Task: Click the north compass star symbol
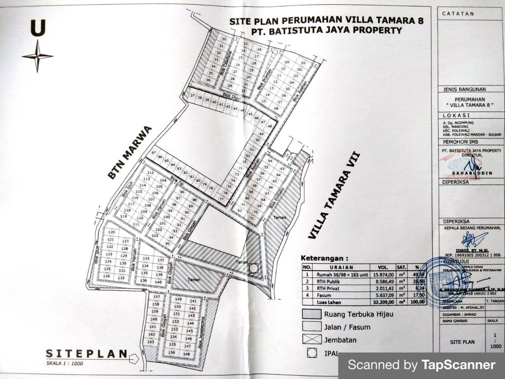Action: tap(37, 56)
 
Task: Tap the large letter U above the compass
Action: tap(38, 28)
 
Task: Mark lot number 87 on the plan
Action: tap(154, 153)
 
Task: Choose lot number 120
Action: tap(112, 232)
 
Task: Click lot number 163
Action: tap(150, 342)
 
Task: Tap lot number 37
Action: tap(192, 96)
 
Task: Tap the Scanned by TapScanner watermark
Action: tap(421, 364)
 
